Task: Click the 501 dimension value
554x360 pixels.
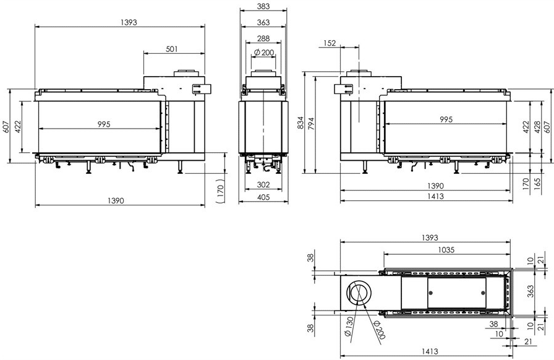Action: tap(172, 49)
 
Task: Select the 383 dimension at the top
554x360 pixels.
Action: tap(263, 6)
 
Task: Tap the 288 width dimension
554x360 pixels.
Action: tap(263, 38)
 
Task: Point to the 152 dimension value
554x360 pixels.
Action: tap(330, 43)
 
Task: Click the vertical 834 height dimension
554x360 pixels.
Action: tap(300, 122)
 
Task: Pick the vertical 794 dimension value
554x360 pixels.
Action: tap(311, 124)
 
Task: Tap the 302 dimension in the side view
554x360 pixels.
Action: tap(263, 184)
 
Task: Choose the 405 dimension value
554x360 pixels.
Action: tap(263, 197)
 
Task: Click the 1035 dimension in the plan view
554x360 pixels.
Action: tap(446, 250)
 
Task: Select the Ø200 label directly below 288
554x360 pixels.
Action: tap(263, 53)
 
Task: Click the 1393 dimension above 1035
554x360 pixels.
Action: tap(430, 238)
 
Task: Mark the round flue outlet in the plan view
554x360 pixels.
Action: tap(360, 293)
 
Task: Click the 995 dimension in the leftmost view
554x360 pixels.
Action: tap(104, 124)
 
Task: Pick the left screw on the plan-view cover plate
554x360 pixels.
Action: tap(431, 293)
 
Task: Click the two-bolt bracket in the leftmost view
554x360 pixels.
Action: tap(202, 88)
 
